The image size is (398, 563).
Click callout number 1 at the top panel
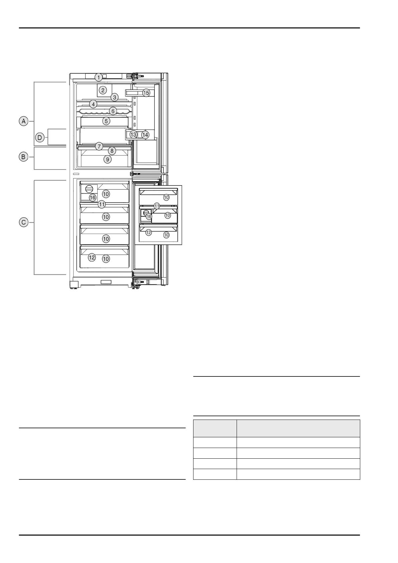pyautogui.click(x=99, y=77)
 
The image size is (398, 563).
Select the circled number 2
pyautogui.click(x=103, y=90)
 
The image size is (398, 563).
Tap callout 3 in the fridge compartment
pyautogui.click(x=115, y=97)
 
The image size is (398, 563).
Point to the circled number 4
pyautogui.click(x=93, y=104)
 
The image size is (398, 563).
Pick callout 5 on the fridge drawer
pyautogui.click(x=106, y=121)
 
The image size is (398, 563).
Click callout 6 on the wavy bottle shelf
pyautogui.click(x=113, y=111)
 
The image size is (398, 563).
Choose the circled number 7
pyautogui.click(x=99, y=146)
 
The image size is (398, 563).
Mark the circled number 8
pyautogui.click(x=112, y=151)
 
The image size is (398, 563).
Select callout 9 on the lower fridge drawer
pyautogui.click(x=108, y=159)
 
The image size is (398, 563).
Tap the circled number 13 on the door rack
pyautogui.click(x=133, y=135)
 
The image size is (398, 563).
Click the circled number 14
pyautogui.click(x=145, y=135)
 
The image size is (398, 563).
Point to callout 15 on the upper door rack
pyautogui.click(x=146, y=93)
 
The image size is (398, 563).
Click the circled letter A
pyautogui.click(x=24, y=121)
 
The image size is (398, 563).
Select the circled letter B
pyautogui.click(x=23, y=157)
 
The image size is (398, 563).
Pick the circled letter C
pyautogui.click(x=24, y=222)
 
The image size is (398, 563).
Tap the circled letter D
pyautogui.click(x=40, y=137)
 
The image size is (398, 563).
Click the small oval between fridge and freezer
pyautogui.click(x=76, y=174)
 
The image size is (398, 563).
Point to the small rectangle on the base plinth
pyautogui.click(x=106, y=282)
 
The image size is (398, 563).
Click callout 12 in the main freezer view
pyautogui.click(x=92, y=257)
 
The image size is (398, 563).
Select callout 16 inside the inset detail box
pyautogui.click(x=149, y=216)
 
